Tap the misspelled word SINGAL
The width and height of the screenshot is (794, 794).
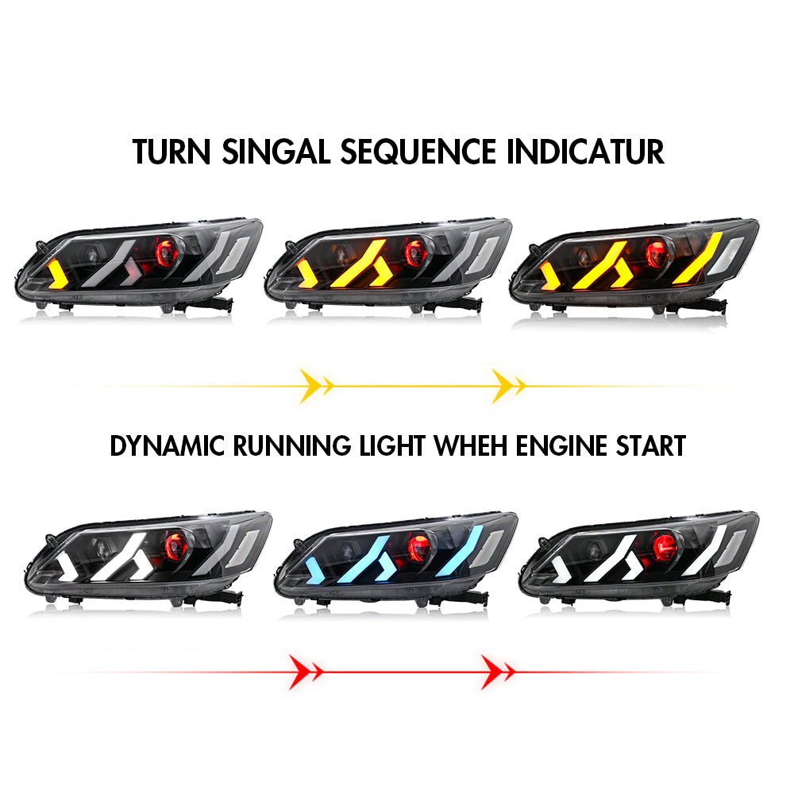tap(273, 151)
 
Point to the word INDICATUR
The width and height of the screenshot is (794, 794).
tap(585, 151)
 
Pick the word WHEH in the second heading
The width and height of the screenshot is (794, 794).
tap(470, 445)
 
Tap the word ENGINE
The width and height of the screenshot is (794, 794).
tap(561, 445)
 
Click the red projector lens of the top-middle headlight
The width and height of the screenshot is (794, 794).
tap(414, 253)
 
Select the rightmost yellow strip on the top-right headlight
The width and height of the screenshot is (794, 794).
tap(699, 258)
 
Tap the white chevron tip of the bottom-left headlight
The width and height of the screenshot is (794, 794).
tap(68, 565)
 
